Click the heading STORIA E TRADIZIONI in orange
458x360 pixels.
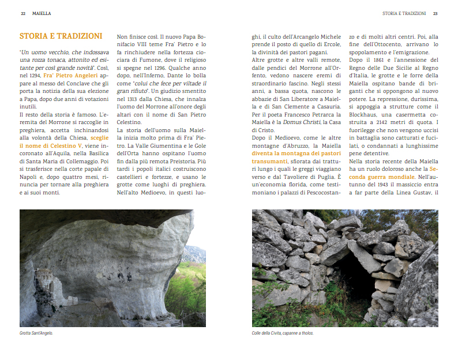click(x=61, y=36)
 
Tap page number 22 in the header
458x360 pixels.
click(x=23, y=13)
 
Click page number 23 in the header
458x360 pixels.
click(x=436, y=13)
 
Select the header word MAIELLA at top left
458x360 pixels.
click(x=41, y=13)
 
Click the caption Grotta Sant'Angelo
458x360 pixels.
click(x=36, y=333)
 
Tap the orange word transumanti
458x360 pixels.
click(x=269, y=162)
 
